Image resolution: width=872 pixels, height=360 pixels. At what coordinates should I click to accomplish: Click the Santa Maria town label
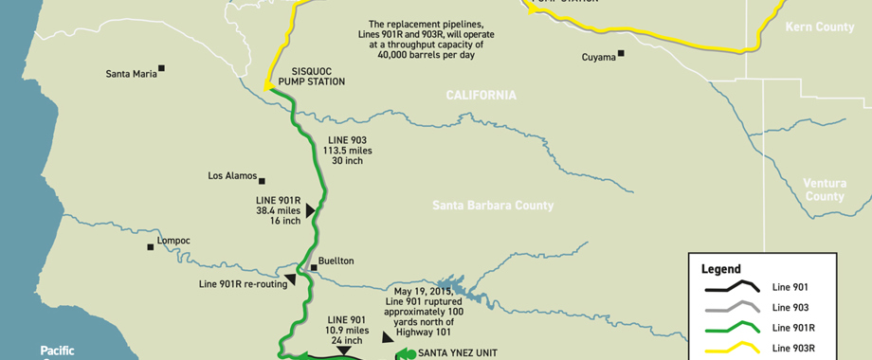[131, 73]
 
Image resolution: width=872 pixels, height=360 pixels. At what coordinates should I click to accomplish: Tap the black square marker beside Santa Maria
[162, 68]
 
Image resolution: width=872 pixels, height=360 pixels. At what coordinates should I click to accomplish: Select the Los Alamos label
[231, 175]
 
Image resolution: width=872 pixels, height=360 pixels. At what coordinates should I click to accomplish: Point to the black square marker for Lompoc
[150, 247]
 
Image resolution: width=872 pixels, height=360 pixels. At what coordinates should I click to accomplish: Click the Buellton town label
[336, 261]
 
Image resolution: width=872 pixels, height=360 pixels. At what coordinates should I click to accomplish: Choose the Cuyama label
[597, 58]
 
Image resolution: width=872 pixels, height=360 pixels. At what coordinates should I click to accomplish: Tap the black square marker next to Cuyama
[622, 54]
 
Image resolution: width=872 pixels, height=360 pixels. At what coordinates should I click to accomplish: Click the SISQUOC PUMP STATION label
[303, 76]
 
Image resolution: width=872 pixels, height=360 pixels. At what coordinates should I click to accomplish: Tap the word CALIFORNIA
[481, 96]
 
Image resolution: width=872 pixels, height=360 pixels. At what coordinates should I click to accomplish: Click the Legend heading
[720, 269]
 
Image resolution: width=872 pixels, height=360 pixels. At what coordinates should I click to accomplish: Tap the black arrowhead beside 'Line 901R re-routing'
[291, 279]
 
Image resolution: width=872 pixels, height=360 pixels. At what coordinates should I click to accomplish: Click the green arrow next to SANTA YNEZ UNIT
[406, 353]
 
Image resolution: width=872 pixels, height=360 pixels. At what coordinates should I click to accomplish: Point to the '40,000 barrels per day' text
[442, 55]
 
